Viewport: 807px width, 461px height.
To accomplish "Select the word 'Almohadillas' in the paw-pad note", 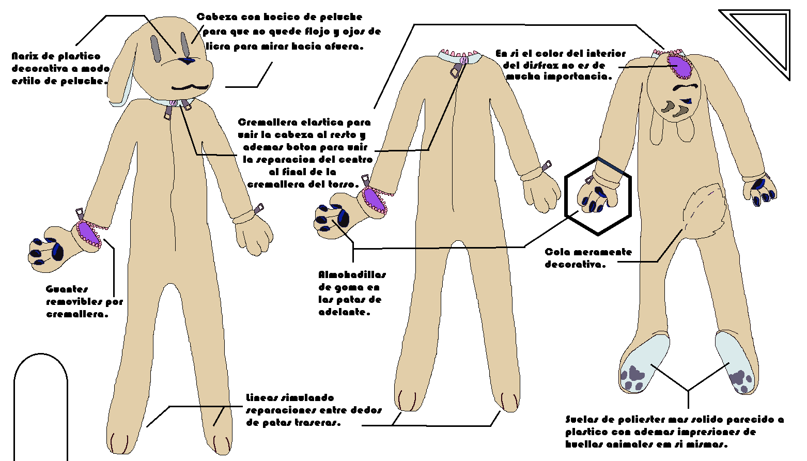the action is click(352, 274).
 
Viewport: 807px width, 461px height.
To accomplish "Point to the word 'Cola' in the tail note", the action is click(557, 252).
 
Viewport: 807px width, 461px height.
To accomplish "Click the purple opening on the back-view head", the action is click(680, 66).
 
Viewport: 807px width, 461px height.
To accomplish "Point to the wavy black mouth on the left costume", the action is click(190, 87).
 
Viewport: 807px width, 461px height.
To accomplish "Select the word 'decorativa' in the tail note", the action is click(575, 265).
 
